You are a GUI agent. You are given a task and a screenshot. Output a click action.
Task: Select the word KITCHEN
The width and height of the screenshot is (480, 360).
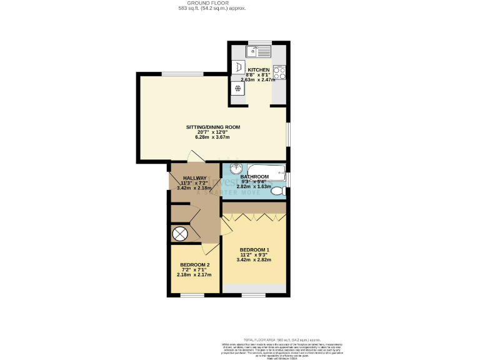[x=259, y=69]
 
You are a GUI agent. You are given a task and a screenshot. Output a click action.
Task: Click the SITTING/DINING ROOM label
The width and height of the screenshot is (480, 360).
[x=213, y=127]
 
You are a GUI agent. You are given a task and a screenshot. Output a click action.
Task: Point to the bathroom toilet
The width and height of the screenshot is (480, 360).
[x=277, y=189]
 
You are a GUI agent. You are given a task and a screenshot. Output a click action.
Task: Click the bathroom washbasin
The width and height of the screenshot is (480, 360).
[x=235, y=170]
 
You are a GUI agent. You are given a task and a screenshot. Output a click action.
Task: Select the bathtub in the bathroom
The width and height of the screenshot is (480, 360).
[x=265, y=171]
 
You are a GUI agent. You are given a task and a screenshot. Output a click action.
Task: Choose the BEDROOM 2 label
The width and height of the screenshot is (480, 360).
[x=194, y=264]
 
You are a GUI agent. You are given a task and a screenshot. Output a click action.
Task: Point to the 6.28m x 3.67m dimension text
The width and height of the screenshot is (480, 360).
[x=213, y=137]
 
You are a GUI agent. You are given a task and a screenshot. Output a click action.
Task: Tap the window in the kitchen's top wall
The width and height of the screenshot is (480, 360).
[x=259, y=43]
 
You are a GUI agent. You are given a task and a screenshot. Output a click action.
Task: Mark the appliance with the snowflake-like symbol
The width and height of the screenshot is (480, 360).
[x=238, y=88]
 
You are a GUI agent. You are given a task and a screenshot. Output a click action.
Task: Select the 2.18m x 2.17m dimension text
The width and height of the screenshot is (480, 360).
[x=194, y=274]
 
